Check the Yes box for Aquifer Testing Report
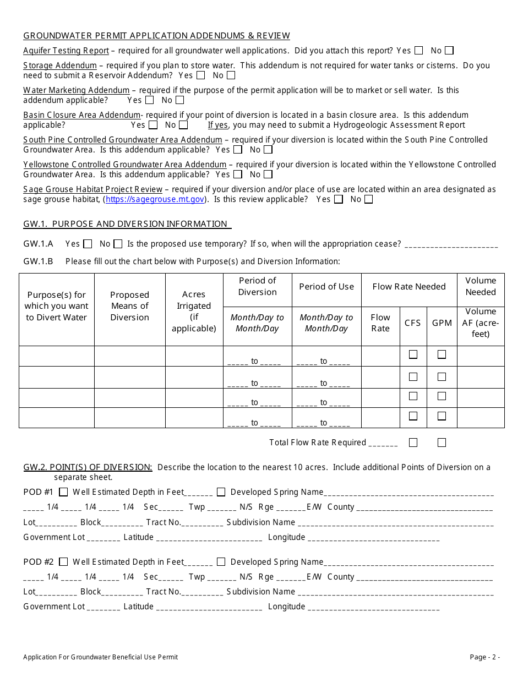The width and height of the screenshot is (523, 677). tap(419, 51)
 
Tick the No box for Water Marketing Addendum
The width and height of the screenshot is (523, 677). tap(179, 100)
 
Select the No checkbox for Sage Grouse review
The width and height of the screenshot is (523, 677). tap(368, 199)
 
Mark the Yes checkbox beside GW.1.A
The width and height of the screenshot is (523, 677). tap(88, 244)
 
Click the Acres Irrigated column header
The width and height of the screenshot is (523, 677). tap(194, 312)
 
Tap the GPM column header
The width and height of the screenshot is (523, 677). tap(442, 323)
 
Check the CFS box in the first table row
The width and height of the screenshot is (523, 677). tap(413, 355)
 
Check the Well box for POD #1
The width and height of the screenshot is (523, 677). tap(63, 492)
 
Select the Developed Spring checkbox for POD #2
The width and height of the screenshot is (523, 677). tap(221, 562)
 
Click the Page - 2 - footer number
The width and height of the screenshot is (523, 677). tap(484, 657)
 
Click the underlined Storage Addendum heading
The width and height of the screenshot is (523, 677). tap(60, 65)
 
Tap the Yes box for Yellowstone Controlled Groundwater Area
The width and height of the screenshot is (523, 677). tap(237, 174)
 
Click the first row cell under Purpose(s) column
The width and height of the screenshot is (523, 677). tap(57, 356)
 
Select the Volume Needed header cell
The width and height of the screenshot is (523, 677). tap(480, 286)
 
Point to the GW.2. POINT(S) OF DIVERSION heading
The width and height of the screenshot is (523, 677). tap(88, 467)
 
